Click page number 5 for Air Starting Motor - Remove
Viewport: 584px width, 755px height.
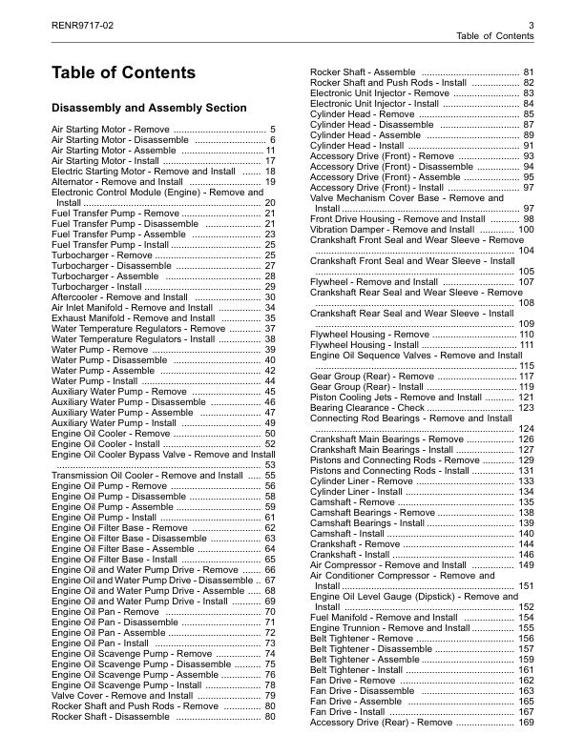tap(273, 129)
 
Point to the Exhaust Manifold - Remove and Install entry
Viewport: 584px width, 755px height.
tap(133, 318)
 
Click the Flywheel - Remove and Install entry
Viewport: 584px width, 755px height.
tap(375, 282)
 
